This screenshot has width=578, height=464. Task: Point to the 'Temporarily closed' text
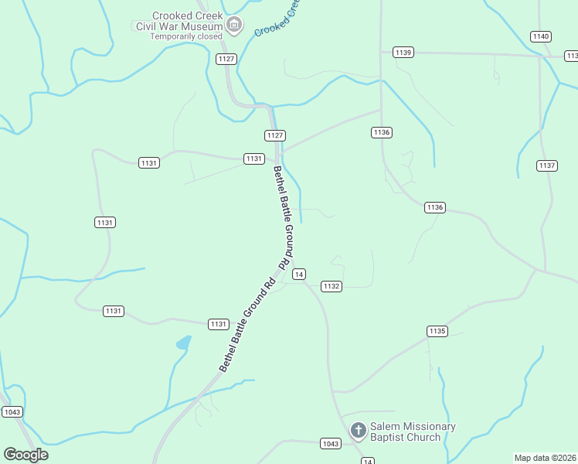click(186, 36)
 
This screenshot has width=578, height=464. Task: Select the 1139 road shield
click(403, 53)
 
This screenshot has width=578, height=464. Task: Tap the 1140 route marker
click(541, 36)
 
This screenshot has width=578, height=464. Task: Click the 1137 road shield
click(546, 165)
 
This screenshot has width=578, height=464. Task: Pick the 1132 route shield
click(331, 286)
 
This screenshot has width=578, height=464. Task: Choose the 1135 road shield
click(437, 331)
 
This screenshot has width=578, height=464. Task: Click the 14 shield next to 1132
click(300, 274)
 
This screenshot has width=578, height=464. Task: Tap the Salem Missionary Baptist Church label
click(413, 432)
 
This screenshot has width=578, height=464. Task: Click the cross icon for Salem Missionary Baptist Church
click(358, 430)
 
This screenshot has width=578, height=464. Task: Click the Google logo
click(25, 455)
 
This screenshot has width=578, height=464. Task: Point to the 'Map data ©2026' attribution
click(546, 458)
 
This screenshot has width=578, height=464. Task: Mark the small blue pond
click(183, 342)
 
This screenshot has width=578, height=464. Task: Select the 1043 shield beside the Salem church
click(331, 443)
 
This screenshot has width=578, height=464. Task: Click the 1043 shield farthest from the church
click(12, 412)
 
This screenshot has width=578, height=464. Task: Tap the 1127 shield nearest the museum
click(226, 59)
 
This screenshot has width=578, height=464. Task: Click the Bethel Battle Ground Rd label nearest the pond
click(247, 325)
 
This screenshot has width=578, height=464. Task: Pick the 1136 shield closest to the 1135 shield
click(435, 207)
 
